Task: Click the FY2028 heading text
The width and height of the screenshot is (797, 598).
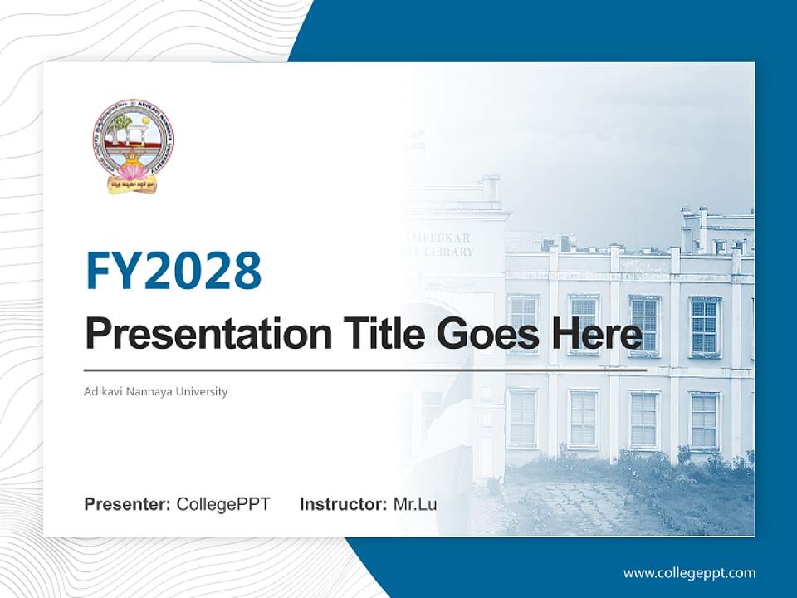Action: click(174, 271)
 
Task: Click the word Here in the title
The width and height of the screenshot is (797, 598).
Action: click(595, 335)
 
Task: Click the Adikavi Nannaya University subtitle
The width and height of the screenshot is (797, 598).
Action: click(155, 391)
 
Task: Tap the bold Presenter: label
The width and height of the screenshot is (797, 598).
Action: click(128, 504)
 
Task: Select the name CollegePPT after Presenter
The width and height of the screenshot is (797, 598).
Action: click(223, 504)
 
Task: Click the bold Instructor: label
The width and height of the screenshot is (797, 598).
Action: click(343, 504)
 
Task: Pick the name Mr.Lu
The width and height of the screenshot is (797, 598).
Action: click(415, 504)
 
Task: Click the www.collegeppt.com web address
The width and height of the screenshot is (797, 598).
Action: click(689, 573)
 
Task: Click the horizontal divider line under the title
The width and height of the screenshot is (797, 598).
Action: click(365, 370)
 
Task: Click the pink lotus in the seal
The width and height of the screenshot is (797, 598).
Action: click(132, 171)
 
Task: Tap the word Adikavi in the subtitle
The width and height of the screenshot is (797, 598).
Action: click(101, 391)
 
